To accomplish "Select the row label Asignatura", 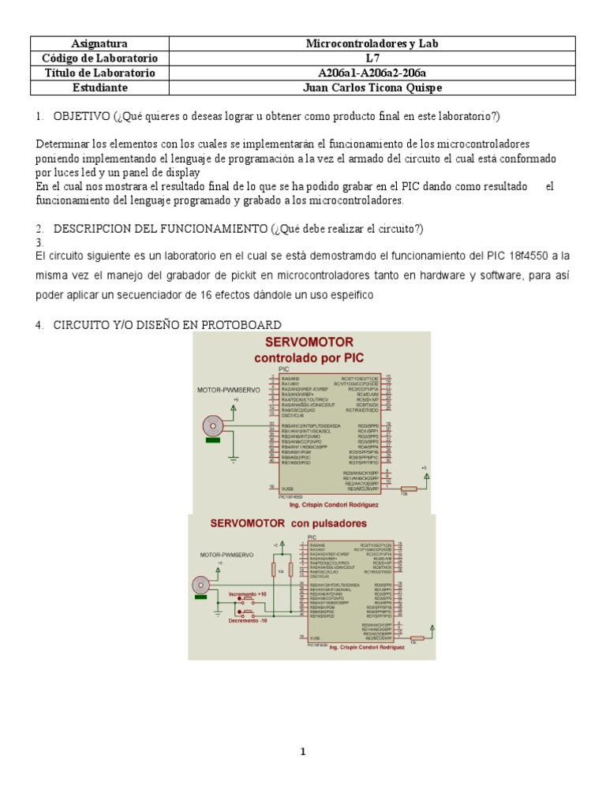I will (99, 44).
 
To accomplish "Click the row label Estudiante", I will (99, 88).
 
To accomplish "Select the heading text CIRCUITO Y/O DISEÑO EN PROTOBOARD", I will (166, 325).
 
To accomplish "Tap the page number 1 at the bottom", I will (302, 752).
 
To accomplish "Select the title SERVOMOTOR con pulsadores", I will (288, 522).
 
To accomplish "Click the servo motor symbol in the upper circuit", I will (211, 425).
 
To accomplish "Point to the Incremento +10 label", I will (248, 593).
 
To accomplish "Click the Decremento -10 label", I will (248, 620).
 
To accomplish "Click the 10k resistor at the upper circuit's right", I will (408, 488).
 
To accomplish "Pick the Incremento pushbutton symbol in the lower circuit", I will (248, 600).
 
